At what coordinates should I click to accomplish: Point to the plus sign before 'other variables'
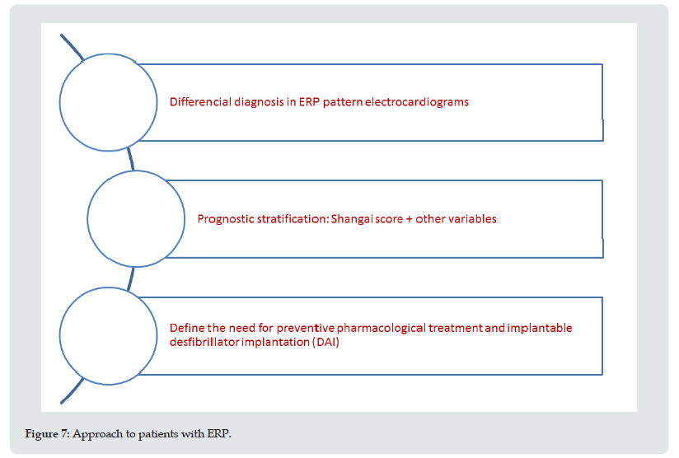(x=410, y=219)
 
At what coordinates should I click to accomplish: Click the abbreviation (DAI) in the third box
(x=325, y=342)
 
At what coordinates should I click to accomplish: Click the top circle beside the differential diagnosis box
(x=108, y=54)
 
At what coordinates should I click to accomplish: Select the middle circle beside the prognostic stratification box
(x=136, y=171)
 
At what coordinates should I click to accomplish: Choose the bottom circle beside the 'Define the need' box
(x=108, y=287)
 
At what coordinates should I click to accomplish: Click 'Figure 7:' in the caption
(x=47, y=434)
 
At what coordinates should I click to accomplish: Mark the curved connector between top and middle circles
(x=130, y=159)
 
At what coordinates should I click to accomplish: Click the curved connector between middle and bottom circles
(x=130, y=278)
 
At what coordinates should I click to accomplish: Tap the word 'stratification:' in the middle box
(x=293, y=219)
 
